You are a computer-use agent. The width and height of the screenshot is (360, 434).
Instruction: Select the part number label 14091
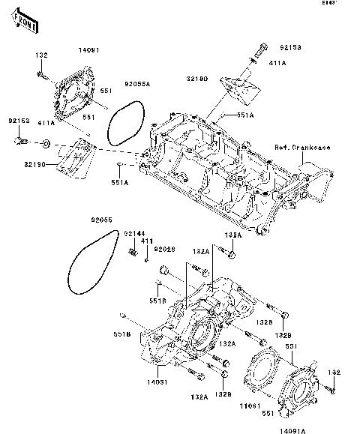click(x=89, y=51)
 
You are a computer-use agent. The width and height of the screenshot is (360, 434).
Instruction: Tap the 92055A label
click(x=137, y=85)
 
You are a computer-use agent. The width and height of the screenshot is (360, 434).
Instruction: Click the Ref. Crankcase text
click(x=301, y=148)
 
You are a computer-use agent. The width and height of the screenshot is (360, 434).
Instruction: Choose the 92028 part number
click(x=164, y=248)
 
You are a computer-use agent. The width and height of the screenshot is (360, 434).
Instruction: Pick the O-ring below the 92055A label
click(x=124, y=123)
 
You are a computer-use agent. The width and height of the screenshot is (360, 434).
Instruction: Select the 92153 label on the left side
click(x=19, y=120)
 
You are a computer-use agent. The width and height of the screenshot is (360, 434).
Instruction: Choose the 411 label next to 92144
click(x=147, y=241)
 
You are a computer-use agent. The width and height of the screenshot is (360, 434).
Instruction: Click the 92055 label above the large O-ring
click(x=102, y=220)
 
